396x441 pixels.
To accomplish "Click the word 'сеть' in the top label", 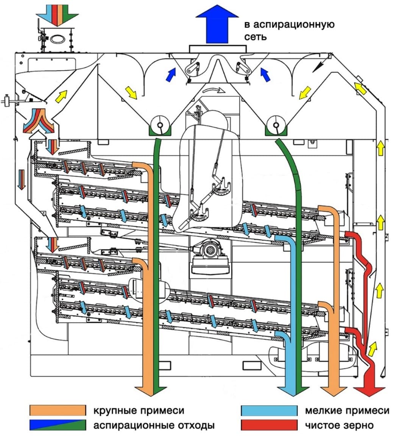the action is coord(255,37).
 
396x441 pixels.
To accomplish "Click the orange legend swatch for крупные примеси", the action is coord(58,410).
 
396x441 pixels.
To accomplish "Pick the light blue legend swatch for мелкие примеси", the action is coord(269,410).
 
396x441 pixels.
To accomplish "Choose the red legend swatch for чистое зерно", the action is coord(269,425).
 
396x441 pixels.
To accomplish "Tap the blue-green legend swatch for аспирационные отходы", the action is coord(58,425).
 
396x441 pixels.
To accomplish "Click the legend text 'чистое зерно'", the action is coord(339,425).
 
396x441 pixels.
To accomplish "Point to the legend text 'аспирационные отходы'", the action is coord(154,425).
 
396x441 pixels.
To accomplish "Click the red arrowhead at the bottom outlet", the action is coord(369,391).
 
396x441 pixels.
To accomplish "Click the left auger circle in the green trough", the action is coord(160,125).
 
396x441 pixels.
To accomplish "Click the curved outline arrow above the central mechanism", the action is coord(214,90).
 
